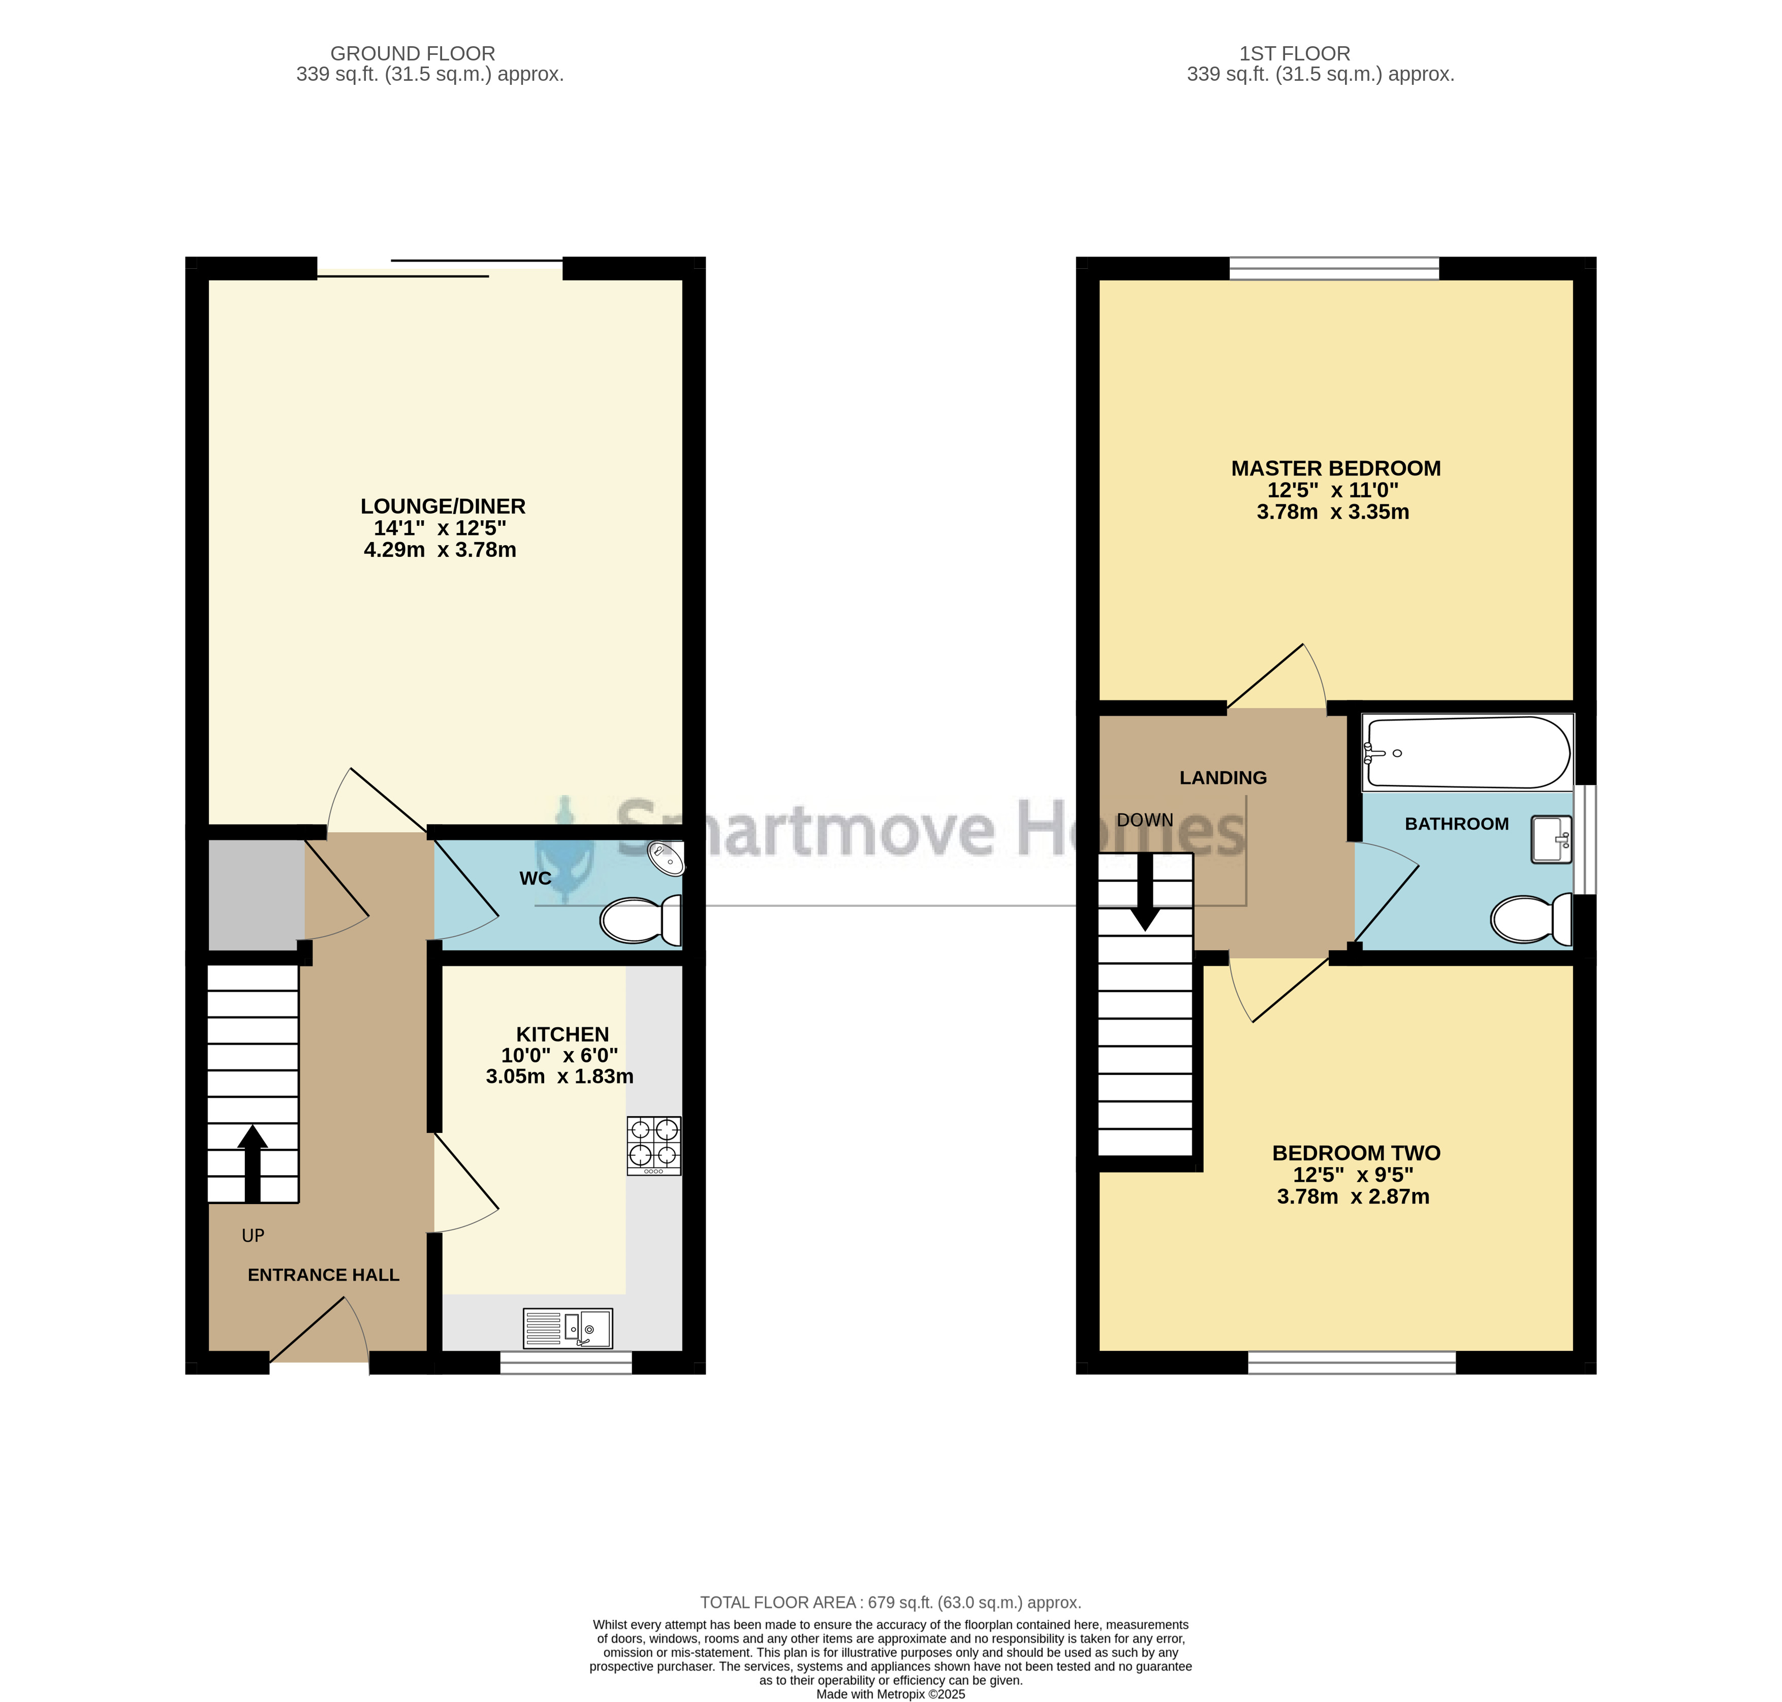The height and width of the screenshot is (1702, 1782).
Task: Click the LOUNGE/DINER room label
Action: click(x=443, y=506)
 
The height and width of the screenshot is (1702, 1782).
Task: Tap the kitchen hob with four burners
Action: click(x=653, y=1146)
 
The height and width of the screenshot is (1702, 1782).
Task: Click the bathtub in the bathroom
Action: click(x=1467, y=752)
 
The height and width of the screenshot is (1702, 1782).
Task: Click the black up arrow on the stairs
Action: click(x=252, y=1164)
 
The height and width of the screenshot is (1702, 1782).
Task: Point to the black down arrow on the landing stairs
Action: click(x=1145, y=892)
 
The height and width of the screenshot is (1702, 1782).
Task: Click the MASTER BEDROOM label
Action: click(x=1335, y=468)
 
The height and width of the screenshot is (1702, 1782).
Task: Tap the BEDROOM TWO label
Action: click(x=1357, y=1153)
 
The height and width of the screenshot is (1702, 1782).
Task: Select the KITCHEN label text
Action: click(x=562, y=1034)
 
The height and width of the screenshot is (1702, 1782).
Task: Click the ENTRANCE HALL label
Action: click(x=323, y=1275)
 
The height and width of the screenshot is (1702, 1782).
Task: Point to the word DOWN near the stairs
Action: click(x=1145, y=820)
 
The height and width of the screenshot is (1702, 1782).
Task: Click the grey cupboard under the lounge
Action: click(x=257, y=895)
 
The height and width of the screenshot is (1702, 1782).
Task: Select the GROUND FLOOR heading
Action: click(x=413, y=53)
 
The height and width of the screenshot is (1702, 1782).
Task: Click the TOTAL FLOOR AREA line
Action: click(x=890, y=1603)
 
